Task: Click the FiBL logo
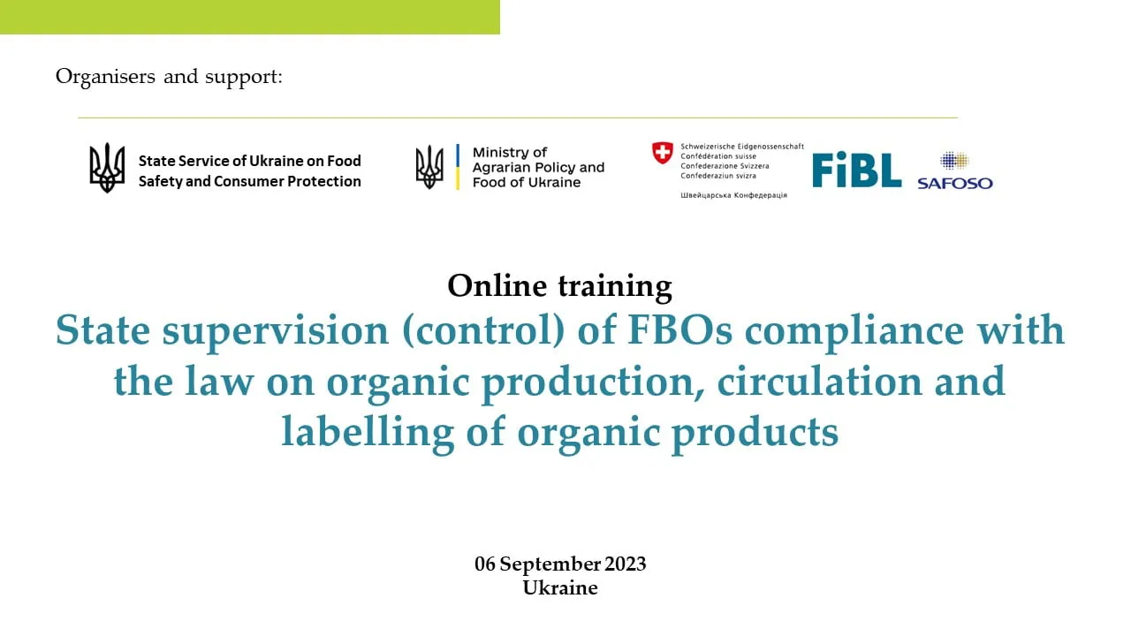click(x=856, y=170)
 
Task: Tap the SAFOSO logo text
click(x=955, y=183)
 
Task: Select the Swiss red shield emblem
click(x=663, y=153)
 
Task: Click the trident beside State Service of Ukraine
click(x=107, y=168)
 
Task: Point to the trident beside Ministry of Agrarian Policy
click(x=429, y=167)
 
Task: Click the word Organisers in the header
click(x=105, y=77)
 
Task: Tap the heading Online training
click(x=559, y=286)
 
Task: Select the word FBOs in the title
click(x=679, y=330)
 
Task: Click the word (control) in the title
click(x=483, y=330)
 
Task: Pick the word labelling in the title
click(x=368, y=432)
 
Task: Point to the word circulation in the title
click(x=819, y=382)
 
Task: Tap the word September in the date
click(x=550, y=564)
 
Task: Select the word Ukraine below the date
click(x=560, y=588)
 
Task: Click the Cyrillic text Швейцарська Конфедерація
click(x=733, y=195)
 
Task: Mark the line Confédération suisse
click(x=718, y=156)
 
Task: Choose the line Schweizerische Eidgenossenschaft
click(x=742, y=147)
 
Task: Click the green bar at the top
click(x=250, y=17)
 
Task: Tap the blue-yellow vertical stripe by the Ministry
click(x=458, y=167)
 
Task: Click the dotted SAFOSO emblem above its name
click(x=954, y=161)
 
